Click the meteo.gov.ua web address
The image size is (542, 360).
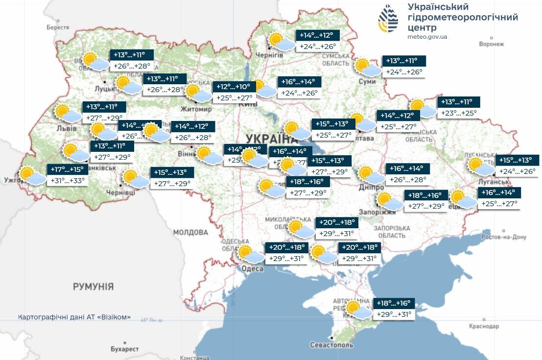tap(427, 37)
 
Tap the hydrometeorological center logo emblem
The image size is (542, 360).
tap(388, 19)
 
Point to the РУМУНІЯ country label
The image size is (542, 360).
tap(93, 287)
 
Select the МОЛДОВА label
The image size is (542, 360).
tap(190, 232)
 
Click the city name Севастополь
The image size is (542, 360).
tap(331, 345)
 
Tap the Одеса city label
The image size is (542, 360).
tap(252, 268)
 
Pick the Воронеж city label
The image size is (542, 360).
tap(491, 44)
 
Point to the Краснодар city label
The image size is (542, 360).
tap(484, 326)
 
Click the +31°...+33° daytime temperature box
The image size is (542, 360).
tap(68, 181)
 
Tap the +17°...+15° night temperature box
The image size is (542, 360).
tap(68, 169)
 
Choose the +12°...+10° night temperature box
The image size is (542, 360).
tap(235, 87)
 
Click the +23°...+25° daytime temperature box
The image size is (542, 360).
tap(459, 113)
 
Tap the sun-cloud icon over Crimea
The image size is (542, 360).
tap(358, 310)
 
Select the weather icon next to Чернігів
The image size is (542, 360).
tap(281, 42)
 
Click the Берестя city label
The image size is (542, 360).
tap(58, 27)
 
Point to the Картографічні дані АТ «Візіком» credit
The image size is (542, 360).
tap(74, 317)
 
